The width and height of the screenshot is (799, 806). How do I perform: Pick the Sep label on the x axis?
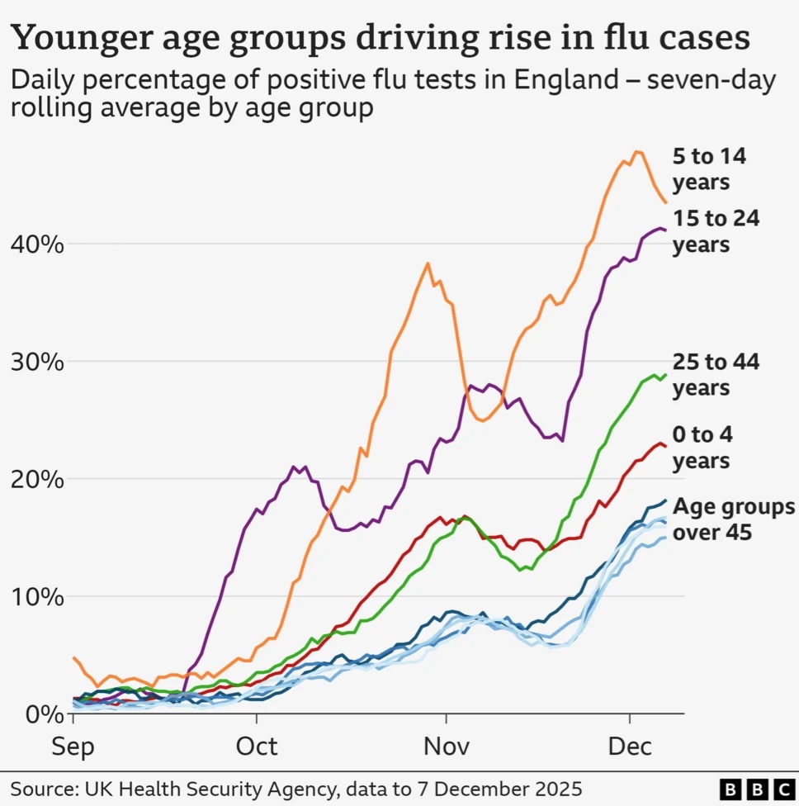[x=73, y=747]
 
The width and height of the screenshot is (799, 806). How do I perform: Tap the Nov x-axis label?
[x=446, y=747]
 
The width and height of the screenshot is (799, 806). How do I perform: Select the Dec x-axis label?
[x=629, y=747]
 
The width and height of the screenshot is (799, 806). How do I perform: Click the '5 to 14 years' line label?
[x=709, y=168]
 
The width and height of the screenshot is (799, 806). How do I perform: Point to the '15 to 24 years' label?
[x=716, y=231]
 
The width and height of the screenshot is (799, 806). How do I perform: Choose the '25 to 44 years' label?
[x=716, y=374]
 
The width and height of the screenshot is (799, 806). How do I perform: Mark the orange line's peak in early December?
[x=636, y=152]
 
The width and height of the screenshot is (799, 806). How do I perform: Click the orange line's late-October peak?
[x=428, y=263]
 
